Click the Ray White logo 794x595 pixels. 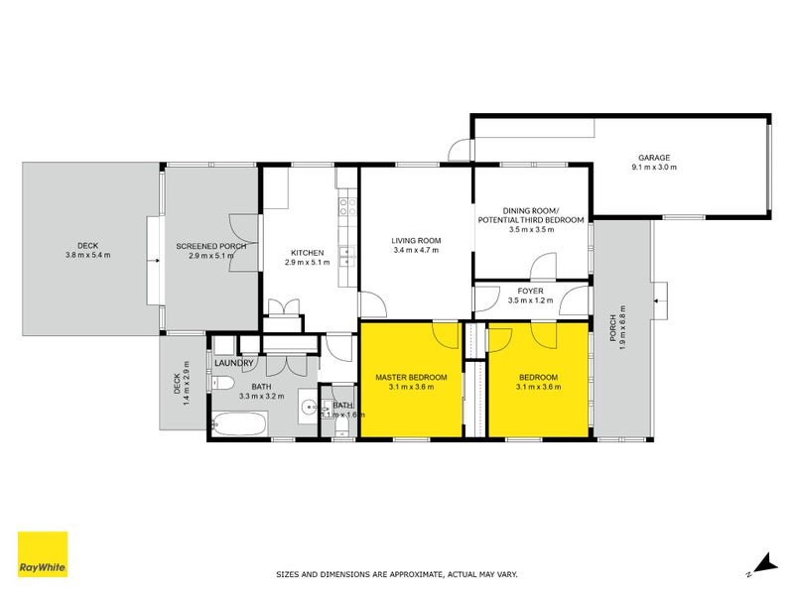(x=43, y=554)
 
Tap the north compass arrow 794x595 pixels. (x=764, y=563)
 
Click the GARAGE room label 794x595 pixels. (x=654, y=157)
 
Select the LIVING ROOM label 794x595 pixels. (x=416, y=240)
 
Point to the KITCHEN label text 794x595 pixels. (x=308, y=252)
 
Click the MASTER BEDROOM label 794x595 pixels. (x=411, y=378)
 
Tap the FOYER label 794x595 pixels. (x=529, y=290)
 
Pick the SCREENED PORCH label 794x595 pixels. (x=210, y=246)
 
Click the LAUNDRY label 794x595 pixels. (x=235, y=362)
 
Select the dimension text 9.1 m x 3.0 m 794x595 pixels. (x=654, y=168)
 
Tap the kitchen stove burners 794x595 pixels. (x=348, y=207)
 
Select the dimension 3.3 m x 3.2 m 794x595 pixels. (x=262, y=396)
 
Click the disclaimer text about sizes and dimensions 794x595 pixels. (x=396, y=574)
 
